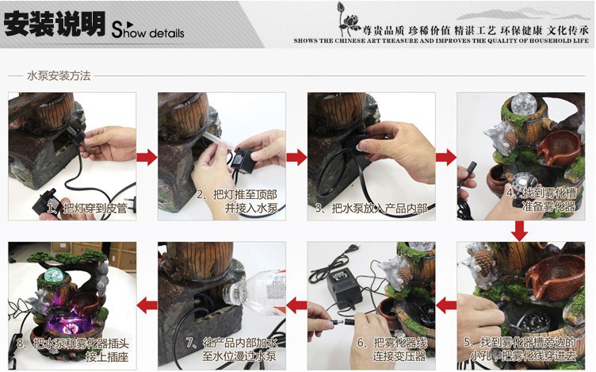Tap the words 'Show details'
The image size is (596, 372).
(148, 33)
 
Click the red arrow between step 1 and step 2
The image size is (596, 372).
(147, 157)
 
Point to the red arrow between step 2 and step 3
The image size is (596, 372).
(296, 157)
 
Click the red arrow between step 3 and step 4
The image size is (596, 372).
(446, 157)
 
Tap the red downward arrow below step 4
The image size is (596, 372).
(520, 231)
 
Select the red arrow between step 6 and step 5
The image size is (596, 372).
(446, 304)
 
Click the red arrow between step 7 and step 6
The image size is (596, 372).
(296, 304)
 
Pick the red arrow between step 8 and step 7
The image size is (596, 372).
(147, 304)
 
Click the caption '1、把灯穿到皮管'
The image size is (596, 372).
(86, 208)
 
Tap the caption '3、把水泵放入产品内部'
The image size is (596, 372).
(370, 208)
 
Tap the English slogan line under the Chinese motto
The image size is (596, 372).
(441, 39)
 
